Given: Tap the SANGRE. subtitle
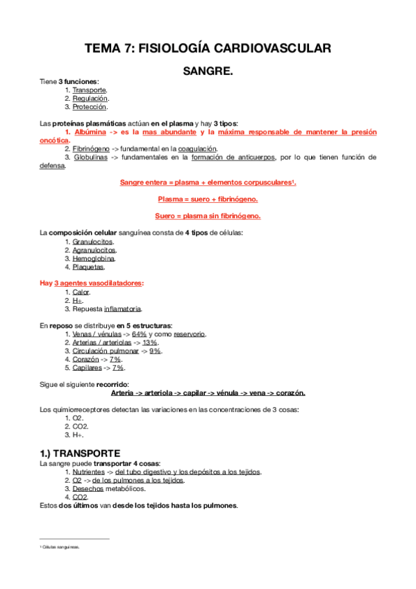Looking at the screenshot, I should click(208, 71).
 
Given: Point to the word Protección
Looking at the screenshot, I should click(90, 107).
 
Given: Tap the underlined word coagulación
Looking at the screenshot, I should click(197, 149).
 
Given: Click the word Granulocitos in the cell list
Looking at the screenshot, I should click(94, 242).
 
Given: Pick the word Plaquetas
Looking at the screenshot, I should click(88, 267).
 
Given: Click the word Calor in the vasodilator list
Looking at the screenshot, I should click(81, 292).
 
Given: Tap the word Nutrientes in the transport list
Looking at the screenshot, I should click(89, 472).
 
